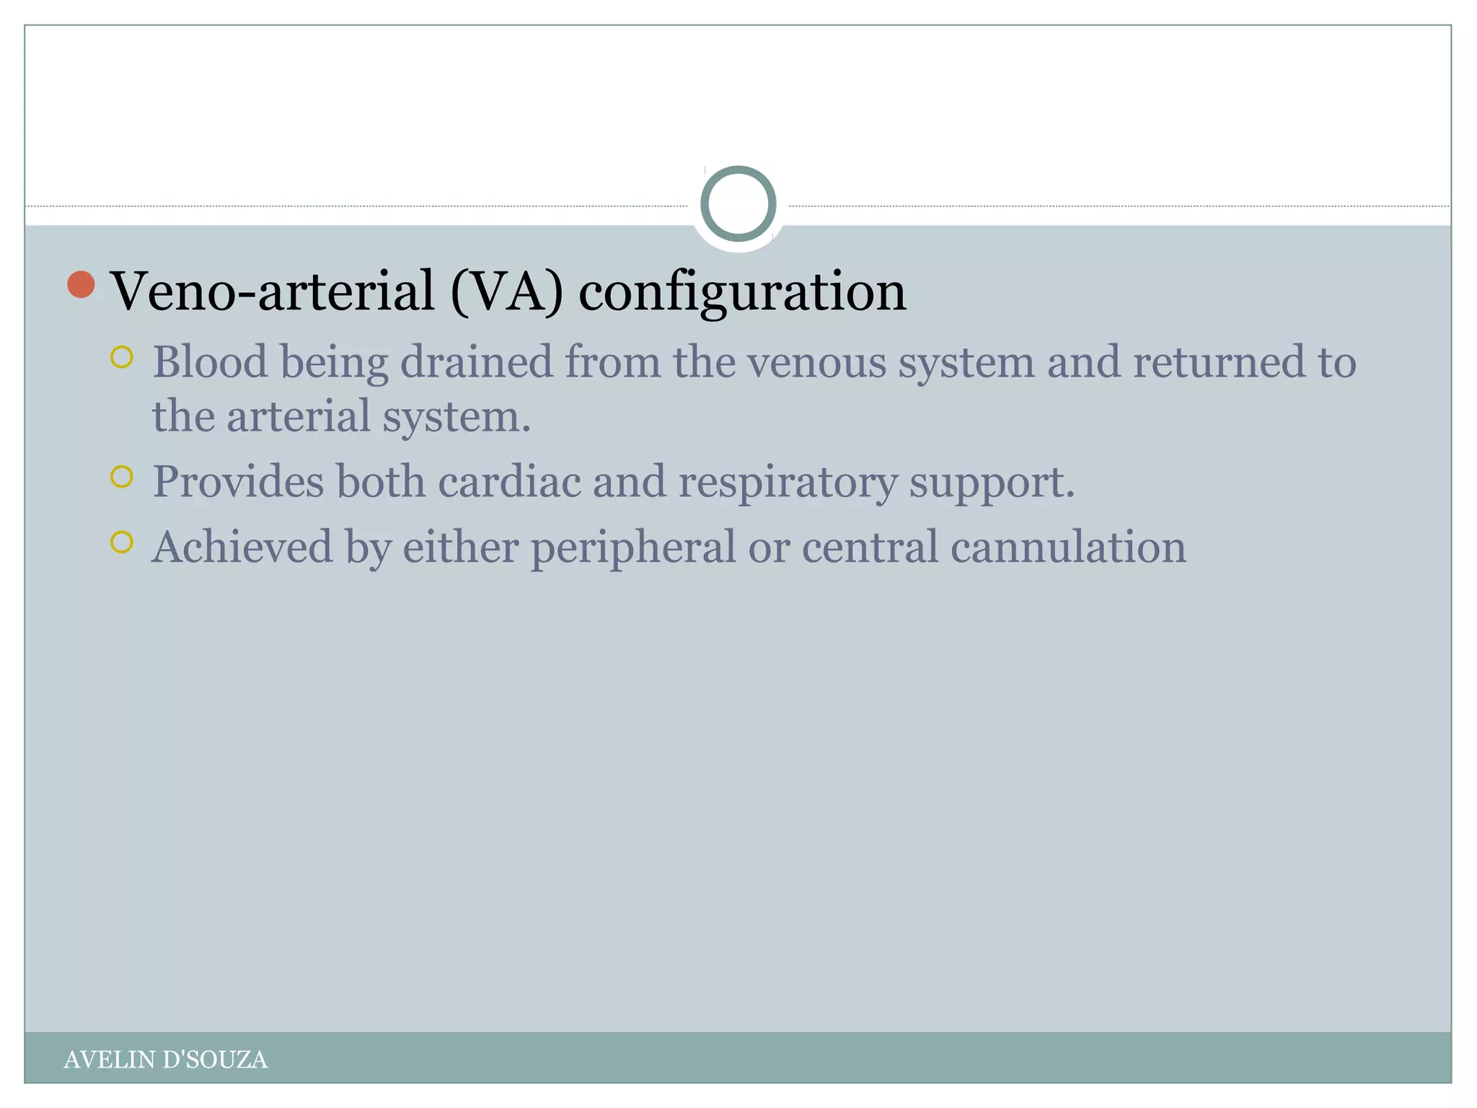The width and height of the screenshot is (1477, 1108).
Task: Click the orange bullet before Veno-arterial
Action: point(81,285)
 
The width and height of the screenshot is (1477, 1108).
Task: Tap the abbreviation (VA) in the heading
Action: point(506,291)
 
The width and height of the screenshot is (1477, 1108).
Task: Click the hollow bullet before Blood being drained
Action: point(122,357)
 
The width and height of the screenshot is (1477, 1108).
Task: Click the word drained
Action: point(476,361)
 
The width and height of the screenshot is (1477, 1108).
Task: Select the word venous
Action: point(816,361)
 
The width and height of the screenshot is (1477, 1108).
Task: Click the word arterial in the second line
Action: point(299,416)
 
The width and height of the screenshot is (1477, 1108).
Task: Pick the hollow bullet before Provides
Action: point(122,477)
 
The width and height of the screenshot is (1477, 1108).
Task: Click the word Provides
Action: point(238,481)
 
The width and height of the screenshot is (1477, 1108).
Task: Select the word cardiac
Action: point(509,481)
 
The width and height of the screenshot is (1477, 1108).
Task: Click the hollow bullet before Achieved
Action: point(122,542)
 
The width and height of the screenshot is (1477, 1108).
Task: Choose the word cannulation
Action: point(1068,547)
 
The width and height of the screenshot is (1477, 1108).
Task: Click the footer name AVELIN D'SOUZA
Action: point(165,1060)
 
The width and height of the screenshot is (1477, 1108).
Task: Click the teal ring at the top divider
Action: point(738,204)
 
